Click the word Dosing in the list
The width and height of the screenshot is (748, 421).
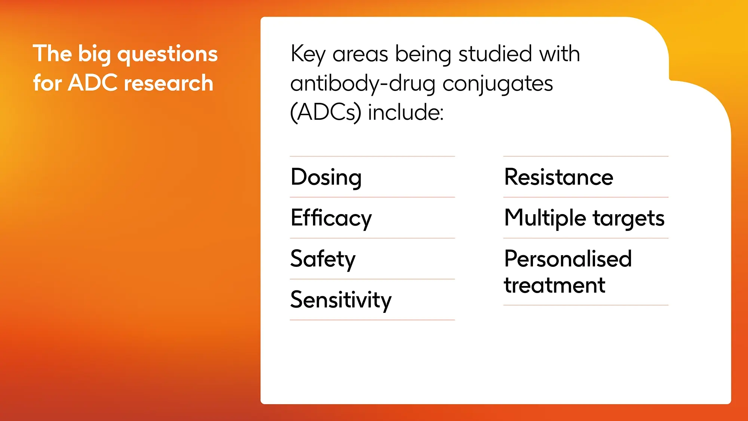pyautogui.click(x=326, y=178)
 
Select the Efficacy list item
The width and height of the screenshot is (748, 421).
pyautogui.click(x=331, y=219)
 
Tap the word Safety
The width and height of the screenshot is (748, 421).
pyautogui.click(x=323, y=259)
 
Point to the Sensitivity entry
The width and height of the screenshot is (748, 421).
pyautogui.click(x=341, y=300)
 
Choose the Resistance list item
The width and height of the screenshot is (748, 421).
pyautogui.click(x=559, y=177)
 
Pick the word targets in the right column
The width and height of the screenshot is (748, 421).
pyautogui.click(x=629, y=219)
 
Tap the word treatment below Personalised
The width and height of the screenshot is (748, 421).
pyautogui.click(x=555, y=286)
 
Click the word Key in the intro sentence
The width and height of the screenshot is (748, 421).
pyautogui.click(x=308, y=55)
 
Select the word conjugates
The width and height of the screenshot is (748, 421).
pyautogui.click(x=498, y=84)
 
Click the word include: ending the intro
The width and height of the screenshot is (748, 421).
pyautogui.click(x=406, y=112)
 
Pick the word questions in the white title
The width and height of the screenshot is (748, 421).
pyautogui.click(x=168, y=55)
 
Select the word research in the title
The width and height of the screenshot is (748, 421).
pyautogui.click(x=169, y=83)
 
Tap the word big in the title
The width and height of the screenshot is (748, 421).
pyautogui.click(x=94, y=55)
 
